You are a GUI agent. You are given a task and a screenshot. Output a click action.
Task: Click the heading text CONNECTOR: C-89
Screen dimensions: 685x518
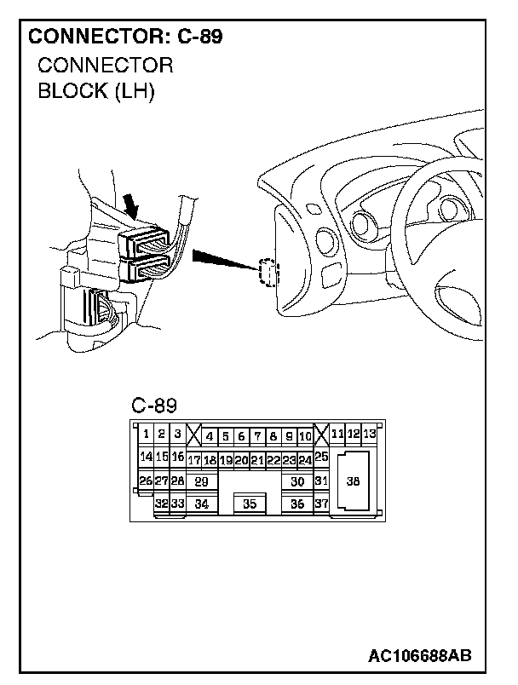pyautogui.click(x=126, y=37)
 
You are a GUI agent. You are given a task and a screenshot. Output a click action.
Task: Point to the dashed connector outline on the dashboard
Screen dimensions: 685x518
pyautogui.click(x=268, y=274)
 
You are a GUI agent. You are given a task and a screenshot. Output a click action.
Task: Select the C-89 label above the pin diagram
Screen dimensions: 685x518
pyautogui.click(x=154, y=404)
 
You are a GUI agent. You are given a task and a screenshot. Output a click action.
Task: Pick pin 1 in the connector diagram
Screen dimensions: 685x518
pyautogui.click(x=147, y=434)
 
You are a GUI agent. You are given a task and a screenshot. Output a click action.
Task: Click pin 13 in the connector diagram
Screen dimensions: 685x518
pyautogui.click(x=369, y=434)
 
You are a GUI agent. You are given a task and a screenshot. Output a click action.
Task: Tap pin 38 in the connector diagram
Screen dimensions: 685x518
pyautogui.click(x=354, y=481)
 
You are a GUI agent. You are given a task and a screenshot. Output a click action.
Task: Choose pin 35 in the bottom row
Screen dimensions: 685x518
pyautogui.click(x=249, y=504)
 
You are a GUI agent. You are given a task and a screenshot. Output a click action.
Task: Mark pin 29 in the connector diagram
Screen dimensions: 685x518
pyautogui.click(x=201, y=481)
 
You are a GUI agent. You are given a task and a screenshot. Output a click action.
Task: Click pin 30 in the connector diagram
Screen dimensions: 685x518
pyautogui.click(x=297, y=481)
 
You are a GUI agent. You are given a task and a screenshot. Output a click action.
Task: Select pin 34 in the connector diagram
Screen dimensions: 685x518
pyautogui.click(x=201, y=504)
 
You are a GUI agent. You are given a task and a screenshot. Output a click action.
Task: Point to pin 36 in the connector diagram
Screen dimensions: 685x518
pyautogui.click(x=297, y=504)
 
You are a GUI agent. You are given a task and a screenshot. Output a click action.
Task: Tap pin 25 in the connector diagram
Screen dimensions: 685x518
pyautogui.click(x=321, y=457)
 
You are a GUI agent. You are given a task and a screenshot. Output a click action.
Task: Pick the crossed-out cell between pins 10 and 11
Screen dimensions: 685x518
pyautogui.click(x=321, y=435)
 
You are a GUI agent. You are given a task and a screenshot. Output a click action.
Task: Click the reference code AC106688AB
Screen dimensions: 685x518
pyautogui.click(x=420, y=655)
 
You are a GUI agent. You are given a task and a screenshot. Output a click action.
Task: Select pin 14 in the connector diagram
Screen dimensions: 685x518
pyautogui.click(x=147, y=457)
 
